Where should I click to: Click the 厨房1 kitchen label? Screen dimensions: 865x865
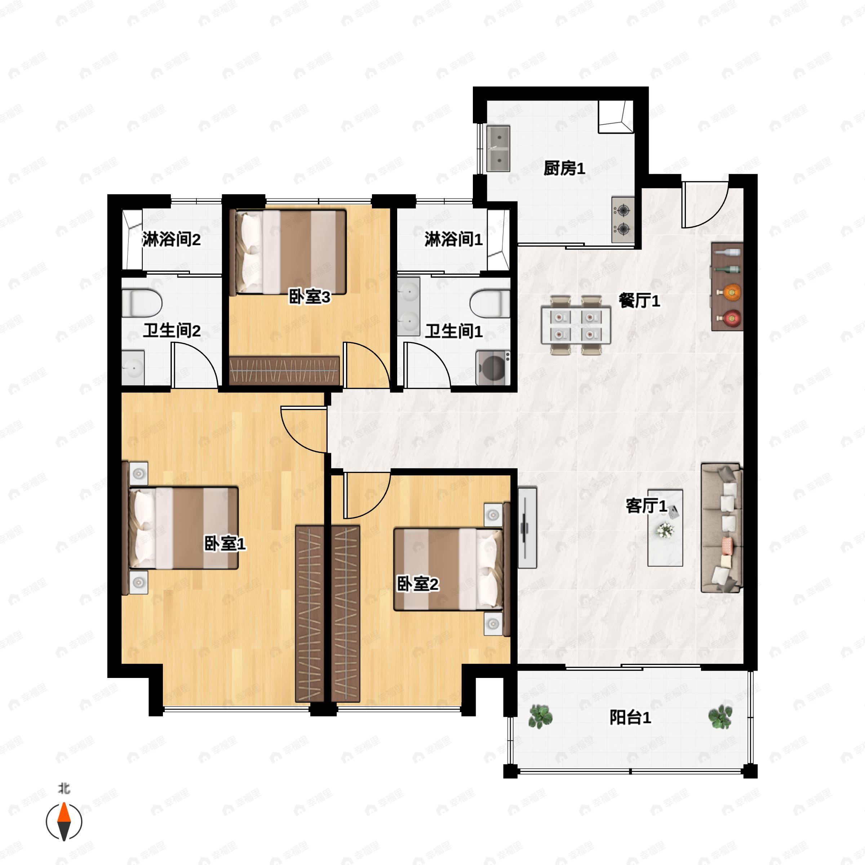tap(564, 168)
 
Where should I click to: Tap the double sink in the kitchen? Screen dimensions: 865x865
tap(498, 148)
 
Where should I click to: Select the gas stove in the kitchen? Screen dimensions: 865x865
tap(623, 219)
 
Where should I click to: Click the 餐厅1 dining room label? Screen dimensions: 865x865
tap(639, 301)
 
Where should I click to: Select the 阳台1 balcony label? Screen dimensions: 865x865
tap(630, 718)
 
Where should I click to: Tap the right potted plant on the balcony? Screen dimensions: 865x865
tap(720, 717)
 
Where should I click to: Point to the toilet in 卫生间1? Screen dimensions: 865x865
tap(490, 303)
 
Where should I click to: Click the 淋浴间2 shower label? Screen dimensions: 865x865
tap(172, 240)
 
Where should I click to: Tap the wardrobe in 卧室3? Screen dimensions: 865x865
tap(284, 371)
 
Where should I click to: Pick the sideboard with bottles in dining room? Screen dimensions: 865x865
tap(727, 287)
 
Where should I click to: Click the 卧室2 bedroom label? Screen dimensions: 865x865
tap(418, 584)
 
